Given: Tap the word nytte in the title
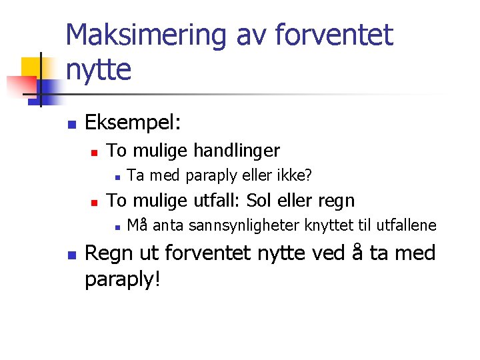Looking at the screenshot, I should pos(99,69).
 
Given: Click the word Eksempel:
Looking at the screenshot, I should pos(133,123).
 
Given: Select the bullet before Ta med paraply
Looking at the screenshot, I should pos(116,177).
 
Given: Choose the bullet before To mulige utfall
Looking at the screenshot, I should pos(95,201).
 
